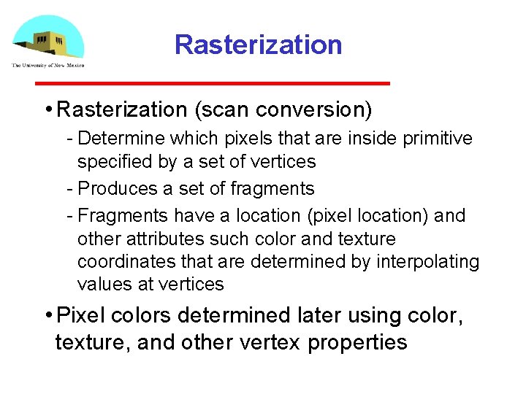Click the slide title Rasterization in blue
pos(258,45)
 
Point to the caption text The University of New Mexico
pos(47,65)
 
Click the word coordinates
pos(121,262)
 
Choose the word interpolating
pos(427,262)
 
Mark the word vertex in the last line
pos(268,343)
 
